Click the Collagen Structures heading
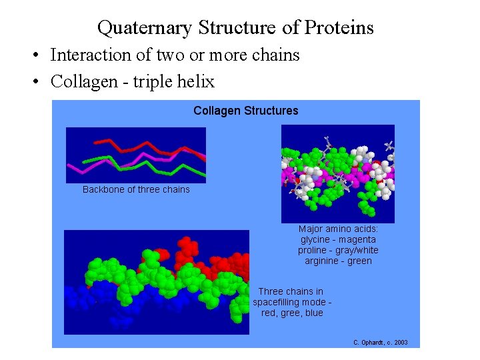point(245,111)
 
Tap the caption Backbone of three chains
point(136,189)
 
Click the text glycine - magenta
point(338,239)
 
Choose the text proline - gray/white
point(338,250)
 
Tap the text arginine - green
point(338,261)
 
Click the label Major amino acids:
point(338,229)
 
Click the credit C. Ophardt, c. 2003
point(380,343)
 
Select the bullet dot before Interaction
point(41,55)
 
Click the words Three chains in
point(291,291)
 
